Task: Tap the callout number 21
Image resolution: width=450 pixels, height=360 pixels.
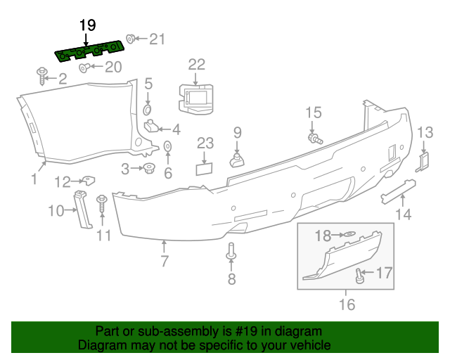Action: (156, 39)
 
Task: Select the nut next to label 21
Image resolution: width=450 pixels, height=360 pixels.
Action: (131, 39)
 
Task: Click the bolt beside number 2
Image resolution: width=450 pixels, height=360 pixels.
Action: (41, 74)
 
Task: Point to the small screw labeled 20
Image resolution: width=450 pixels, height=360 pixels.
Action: (83, 67)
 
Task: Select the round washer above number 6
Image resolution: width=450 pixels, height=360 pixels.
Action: (168, 146)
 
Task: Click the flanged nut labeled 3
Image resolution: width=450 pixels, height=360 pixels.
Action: (149, 169)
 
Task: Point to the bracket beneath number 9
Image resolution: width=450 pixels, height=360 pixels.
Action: (237, 160)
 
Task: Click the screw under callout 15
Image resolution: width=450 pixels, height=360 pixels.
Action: (314, 138)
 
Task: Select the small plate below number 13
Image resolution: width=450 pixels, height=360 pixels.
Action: (423, 161)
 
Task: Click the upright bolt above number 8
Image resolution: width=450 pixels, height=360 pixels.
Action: (231, 253)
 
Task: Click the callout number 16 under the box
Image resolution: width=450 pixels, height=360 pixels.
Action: (347, 304)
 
